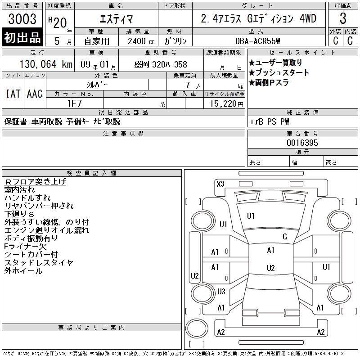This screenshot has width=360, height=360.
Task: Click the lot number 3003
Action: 22,19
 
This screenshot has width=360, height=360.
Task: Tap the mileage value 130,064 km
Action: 46,64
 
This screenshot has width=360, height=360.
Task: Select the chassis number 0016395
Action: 302,143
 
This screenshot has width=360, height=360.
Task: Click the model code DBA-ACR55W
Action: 258,41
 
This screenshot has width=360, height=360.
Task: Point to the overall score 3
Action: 343,18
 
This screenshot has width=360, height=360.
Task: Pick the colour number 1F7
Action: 75,103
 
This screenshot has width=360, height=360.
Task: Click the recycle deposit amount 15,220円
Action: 227,104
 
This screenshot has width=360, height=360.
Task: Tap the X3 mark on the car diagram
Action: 220,184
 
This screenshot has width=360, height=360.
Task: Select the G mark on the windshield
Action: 285,237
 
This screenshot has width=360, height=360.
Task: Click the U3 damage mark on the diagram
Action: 221,292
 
